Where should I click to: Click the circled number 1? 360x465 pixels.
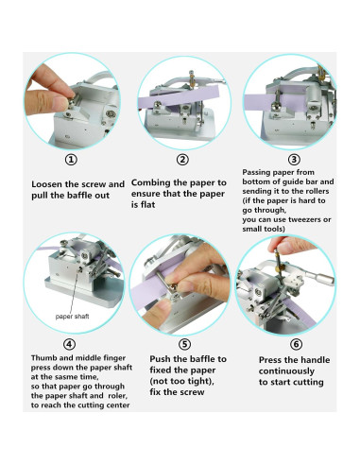(x=71, y=160)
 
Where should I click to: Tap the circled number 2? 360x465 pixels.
(x=182, y=160)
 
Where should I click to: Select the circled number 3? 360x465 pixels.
(x=294, y=160)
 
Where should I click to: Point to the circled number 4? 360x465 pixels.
(x=70, y=344)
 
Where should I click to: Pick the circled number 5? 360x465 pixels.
(x=184, y=344)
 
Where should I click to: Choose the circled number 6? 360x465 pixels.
(x=296, y=344)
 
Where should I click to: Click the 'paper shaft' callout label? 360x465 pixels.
(x=72, y=317)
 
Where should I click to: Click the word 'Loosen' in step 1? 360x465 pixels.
(x=46, y=184)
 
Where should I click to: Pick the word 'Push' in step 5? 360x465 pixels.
(x=160, y=359)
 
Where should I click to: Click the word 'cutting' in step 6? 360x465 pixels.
(x=308, y=383)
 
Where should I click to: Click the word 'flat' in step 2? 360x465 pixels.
(x=147, y=205)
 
